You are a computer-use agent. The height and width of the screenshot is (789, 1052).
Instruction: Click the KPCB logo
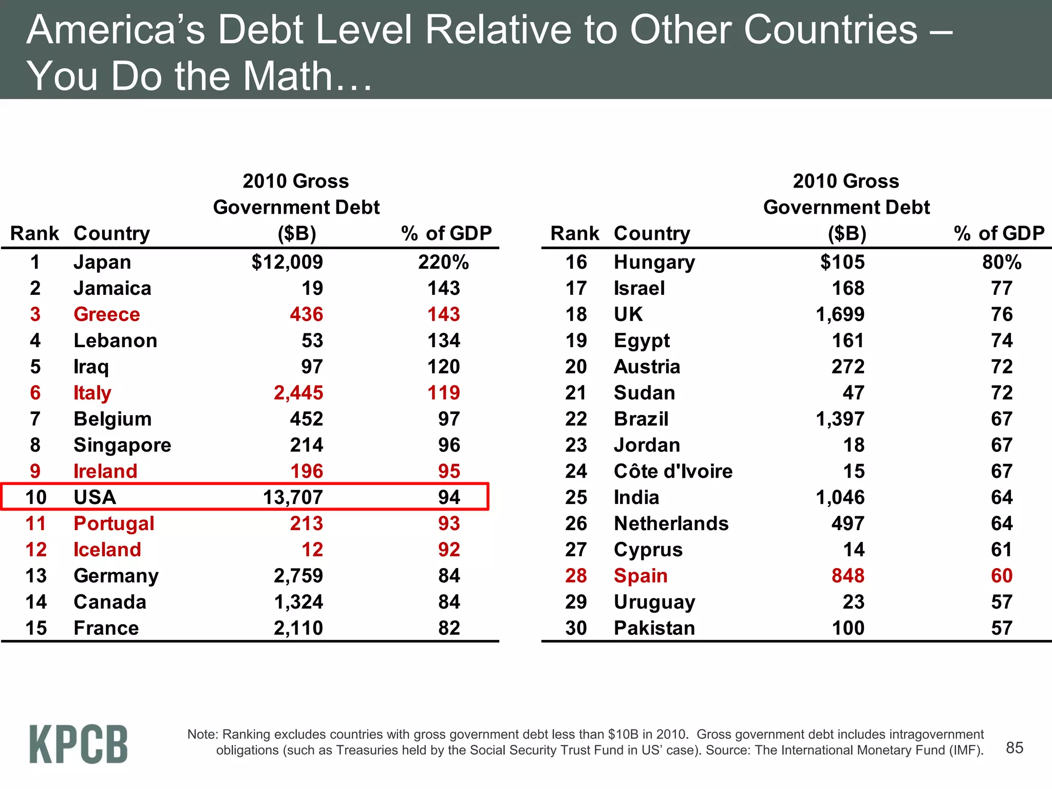click(78, 744)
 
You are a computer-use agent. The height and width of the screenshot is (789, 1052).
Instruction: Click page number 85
click(1014, 748)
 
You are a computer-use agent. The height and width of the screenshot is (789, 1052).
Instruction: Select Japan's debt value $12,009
click(287, 262)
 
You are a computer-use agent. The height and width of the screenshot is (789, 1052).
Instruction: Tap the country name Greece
click(106, 314)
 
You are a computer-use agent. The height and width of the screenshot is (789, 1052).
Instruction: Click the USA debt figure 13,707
click(292, 497)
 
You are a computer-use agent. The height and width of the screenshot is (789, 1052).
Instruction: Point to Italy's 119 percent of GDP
click(443, 393)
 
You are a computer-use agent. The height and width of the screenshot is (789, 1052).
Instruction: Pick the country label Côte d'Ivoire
click(673, 472)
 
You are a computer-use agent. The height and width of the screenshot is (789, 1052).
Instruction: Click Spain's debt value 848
click(848, 576)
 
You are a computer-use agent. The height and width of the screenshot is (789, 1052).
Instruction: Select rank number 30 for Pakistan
click(576, 628)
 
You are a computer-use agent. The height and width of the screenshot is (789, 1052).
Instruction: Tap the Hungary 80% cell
click(1001, 262)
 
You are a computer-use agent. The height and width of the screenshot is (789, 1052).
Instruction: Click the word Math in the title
click(288, 76)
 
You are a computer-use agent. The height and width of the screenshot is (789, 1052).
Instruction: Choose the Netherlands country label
click(671, 523)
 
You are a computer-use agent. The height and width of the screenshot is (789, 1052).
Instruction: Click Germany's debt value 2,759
click(298, 576)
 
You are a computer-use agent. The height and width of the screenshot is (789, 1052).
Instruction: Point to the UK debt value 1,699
click(840, 314)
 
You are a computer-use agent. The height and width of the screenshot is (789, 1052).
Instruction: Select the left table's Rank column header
click(34, 234)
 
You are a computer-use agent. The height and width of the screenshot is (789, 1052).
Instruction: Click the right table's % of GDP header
click(999, 234)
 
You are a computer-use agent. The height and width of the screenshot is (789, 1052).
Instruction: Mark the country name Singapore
click(122, 445)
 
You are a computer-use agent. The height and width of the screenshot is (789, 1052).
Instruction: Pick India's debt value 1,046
click(840, 497)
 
